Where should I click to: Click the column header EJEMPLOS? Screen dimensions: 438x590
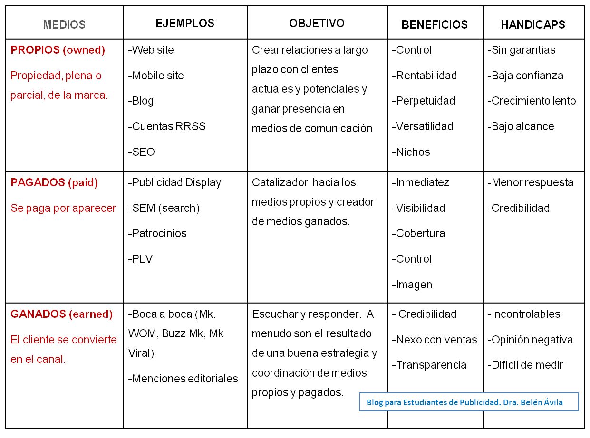pos(185,23)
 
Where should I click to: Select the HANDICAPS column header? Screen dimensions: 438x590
pos(533,25)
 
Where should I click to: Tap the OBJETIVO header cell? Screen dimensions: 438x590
pos(317,23)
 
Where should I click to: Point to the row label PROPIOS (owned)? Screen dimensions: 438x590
pos(58,50)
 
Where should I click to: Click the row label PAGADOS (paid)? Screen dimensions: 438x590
pos(54,182)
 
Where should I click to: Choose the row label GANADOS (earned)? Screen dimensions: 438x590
pos(61,314)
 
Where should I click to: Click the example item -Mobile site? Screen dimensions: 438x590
pos(155,76)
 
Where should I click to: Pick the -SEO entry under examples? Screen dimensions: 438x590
pos(141,152)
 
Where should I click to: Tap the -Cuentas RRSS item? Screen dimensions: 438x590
pos(166,126)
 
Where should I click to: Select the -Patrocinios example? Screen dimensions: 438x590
pos(157,233)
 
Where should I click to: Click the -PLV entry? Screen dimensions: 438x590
pos(140,259)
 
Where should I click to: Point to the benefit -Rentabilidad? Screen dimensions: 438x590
pos(424,76)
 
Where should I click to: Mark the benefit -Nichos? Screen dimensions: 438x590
pos(411,152)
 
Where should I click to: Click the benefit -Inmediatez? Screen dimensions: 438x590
pos(420,182)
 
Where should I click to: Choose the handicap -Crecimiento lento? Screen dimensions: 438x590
pos(532,101)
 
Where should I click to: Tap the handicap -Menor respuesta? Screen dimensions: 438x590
pos(530,182)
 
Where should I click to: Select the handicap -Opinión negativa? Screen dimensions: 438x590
pos(530,340)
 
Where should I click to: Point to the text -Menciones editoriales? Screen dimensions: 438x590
pos(183,379)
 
